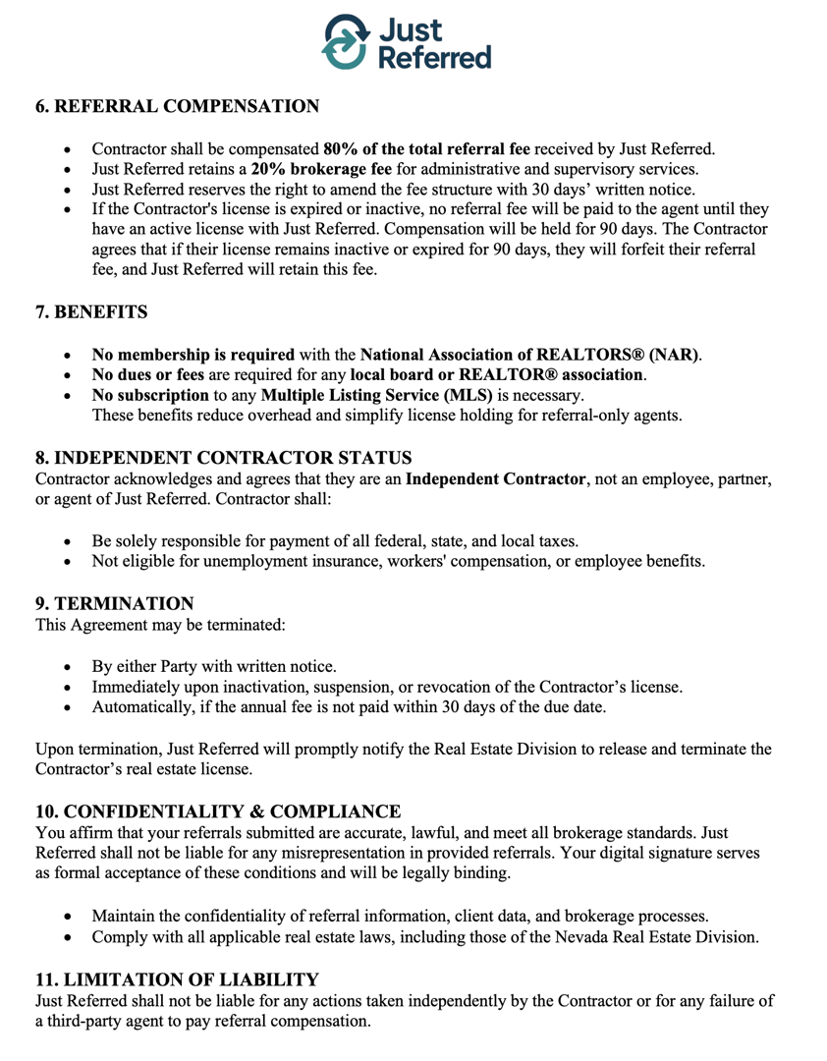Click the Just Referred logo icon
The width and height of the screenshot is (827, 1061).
[x=345, y=42]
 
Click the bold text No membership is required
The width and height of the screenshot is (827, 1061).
[x=193, y=354]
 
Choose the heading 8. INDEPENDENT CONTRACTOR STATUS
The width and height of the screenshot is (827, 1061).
[x=223, y=457]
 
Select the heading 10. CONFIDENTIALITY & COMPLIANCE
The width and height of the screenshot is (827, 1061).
[x=218, y=810]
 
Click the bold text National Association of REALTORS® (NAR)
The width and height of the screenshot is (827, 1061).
[x=531, y=354]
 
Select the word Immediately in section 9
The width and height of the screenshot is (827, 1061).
[x=138, y=686]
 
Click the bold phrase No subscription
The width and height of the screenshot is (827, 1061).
[x=149, y=395]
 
